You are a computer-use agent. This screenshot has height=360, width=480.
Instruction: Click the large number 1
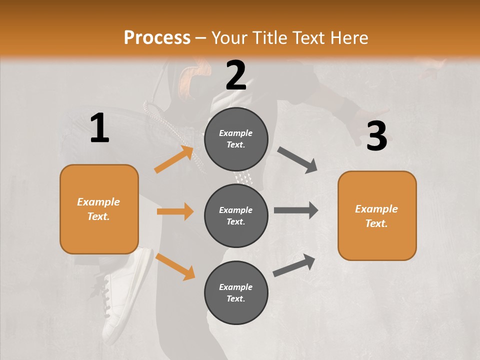99,128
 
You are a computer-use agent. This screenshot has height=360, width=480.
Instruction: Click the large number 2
236,75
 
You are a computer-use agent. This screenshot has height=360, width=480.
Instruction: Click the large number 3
376,136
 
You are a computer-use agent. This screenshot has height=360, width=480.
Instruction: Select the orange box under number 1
99,209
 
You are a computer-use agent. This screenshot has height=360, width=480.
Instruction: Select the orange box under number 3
377,215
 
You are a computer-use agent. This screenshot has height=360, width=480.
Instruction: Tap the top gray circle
236,139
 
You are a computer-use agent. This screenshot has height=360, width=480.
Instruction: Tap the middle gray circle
236,215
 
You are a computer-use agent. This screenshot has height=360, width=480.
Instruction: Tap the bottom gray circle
236,292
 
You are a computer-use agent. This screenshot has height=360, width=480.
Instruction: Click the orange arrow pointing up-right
174,159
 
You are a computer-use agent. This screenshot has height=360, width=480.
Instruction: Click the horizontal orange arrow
175,211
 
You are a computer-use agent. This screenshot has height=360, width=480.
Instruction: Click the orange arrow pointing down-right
175,266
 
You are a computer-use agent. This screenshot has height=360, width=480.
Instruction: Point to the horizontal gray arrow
295,210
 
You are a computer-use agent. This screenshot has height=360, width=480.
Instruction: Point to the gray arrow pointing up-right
294,265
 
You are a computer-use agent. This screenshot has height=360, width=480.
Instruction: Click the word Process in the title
157,37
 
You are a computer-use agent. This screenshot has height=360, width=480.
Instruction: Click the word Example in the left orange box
98,202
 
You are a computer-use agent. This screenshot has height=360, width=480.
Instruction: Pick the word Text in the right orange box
375,223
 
